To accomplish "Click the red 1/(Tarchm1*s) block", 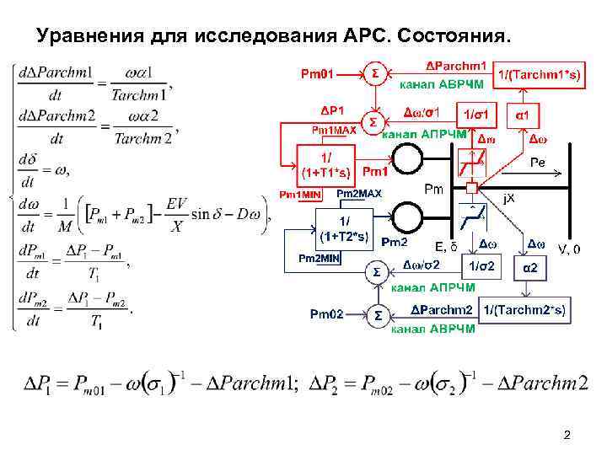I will point(534,75).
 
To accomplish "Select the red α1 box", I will point(522,114).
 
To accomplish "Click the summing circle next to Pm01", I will point(374,73).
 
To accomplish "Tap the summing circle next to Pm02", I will point(378,315).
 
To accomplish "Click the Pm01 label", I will point(320,73).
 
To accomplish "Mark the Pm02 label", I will point(328,315).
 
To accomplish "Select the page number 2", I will point(567,435).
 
